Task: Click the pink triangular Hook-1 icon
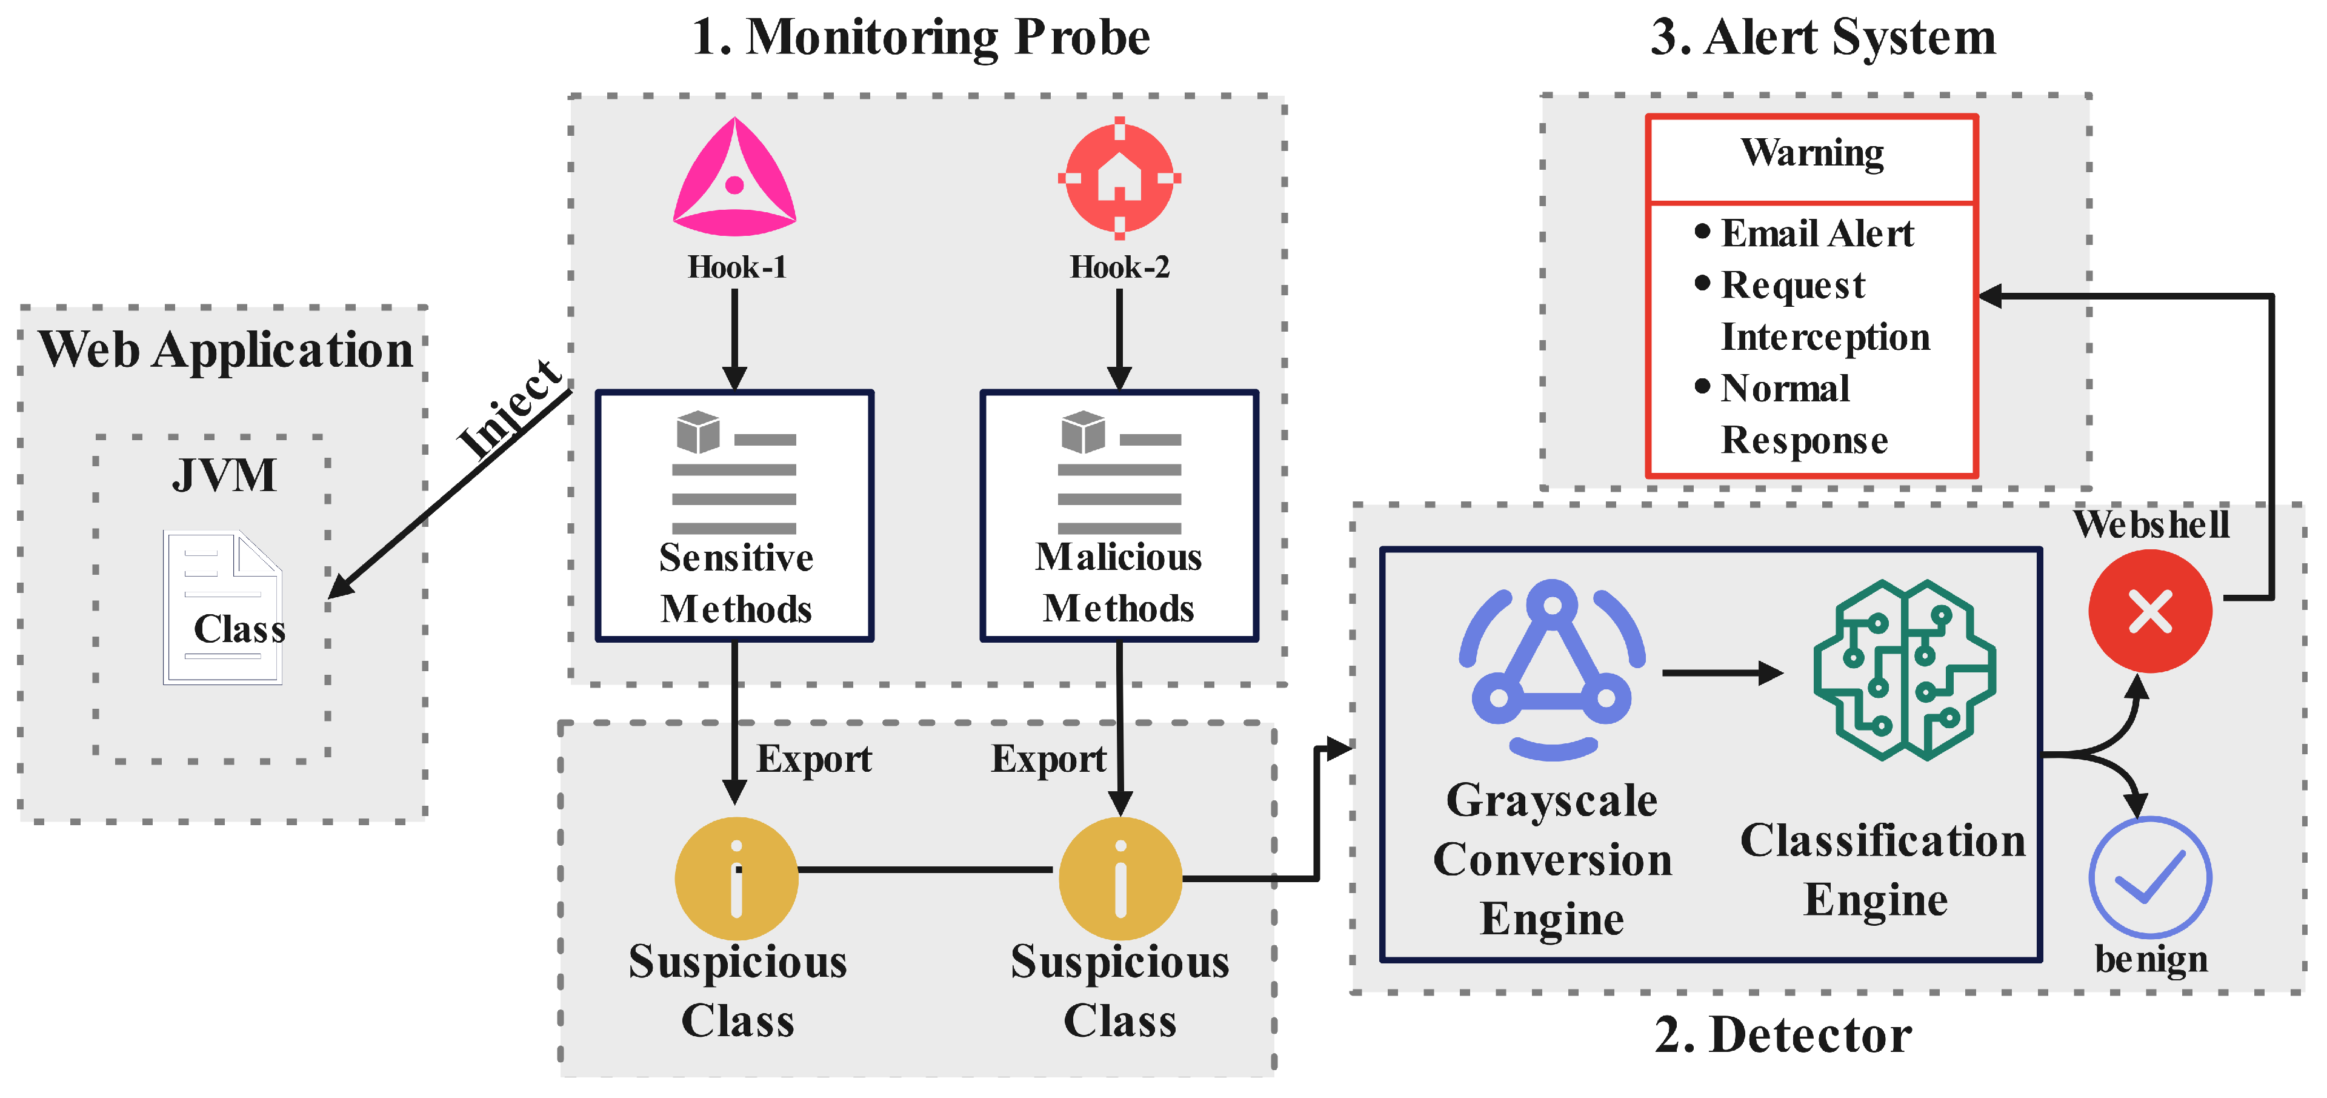click(x=734, y=179)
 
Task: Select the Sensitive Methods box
click(x=734, y=516)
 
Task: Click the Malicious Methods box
click(x=1119, y=516)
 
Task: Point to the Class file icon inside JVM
click(x=223, y=608)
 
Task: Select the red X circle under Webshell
click(x=2150, y=612)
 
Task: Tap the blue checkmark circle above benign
click(x=2150, y=877)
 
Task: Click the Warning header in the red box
click(x=1812, y=153)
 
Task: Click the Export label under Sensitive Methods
click(x=814, y=759)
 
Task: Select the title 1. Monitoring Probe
click(x=920, y=38)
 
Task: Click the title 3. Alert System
click(x=1823, y=38)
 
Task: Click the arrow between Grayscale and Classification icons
click(x=1721, y=672)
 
